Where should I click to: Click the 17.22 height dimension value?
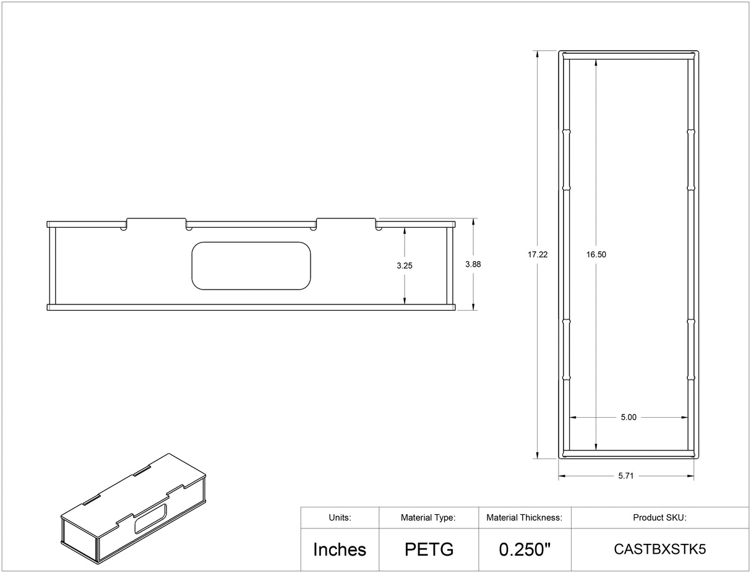click(x=538, y=254)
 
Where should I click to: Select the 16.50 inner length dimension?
click(x=596, y=254)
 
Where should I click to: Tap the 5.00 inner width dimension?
click(x=628, y=417)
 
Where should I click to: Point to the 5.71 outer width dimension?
click(x=627, y=476)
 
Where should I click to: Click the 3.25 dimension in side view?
click(x=405, y=265)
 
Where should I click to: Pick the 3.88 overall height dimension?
click(x=473, y=264)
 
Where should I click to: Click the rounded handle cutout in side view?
click(x=251, y=265)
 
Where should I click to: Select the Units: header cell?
click(x=340, y=518)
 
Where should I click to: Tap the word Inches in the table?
click(x=340, y=549)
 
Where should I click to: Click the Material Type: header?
click(x=428, y=518)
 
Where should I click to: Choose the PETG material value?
click(x=429, y=549)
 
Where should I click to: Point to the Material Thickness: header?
click(x=524, y=518)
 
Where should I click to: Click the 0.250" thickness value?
click(x=525, y=549)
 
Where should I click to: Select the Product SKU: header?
click(x=659, y=518)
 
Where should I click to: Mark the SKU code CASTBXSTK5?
click(x=659, y=549)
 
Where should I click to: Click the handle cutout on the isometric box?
click(x=151, y=518)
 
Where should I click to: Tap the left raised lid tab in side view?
click(x=157, y=221)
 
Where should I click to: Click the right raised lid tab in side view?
click(x=346, y=221)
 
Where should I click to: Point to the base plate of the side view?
click(x=251, y=307)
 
